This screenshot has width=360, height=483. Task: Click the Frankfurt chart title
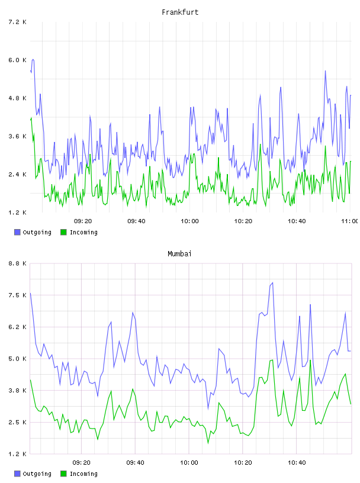pos(180,12)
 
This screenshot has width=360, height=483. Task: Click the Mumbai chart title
pos(179,254)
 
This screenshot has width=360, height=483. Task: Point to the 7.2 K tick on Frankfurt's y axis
pos(18,22)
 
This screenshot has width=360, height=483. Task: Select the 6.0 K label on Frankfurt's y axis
pos(18,60)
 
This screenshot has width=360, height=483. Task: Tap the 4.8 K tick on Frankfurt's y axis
pos(18,98)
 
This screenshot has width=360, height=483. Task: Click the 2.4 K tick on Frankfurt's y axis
pos(18,175)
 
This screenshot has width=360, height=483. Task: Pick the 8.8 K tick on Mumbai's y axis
pos(18,263)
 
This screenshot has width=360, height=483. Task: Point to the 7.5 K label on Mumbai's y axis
pos(18,295)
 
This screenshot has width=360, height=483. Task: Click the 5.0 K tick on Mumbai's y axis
pos(18,359)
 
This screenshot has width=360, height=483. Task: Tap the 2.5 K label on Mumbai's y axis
pos(18,422)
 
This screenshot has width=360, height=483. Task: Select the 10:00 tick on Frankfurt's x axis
pos(189,221)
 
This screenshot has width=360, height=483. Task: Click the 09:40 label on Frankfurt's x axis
pos(136,221)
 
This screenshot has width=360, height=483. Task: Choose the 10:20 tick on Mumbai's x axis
pos(243,463)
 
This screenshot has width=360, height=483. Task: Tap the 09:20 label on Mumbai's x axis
pos(81,463)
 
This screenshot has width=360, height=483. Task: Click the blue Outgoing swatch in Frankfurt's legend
pos(17,232)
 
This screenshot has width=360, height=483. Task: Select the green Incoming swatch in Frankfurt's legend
pos(63,232)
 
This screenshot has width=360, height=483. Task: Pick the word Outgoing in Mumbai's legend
pos(37,474)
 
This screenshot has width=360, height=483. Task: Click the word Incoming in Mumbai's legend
pos(83,474)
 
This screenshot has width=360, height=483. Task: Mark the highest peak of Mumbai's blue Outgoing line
pos(272,283)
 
